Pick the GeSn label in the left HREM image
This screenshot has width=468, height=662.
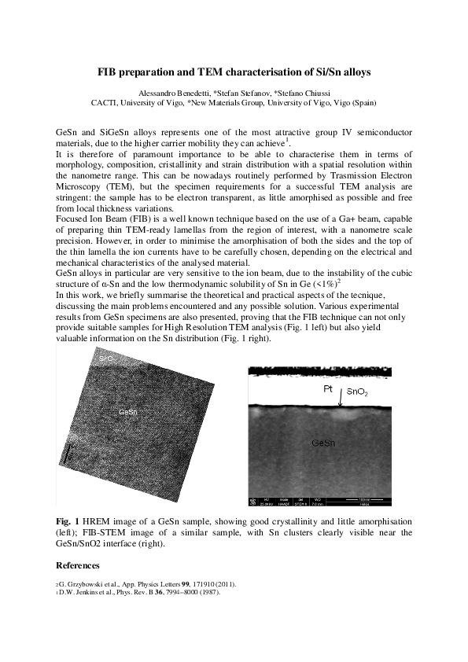coord(129,412)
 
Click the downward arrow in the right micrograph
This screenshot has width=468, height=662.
coord(341,401)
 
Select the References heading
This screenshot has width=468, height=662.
coord(78,565)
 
